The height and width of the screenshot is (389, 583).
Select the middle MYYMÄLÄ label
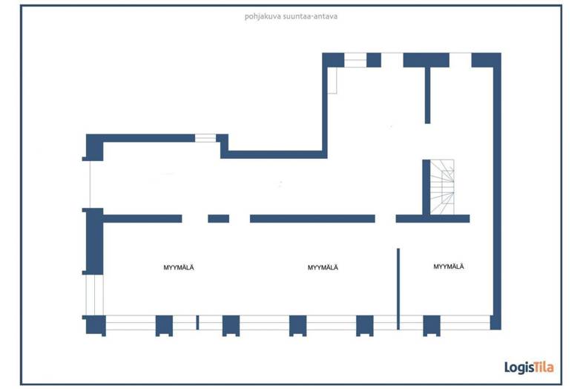(x=323, y=267)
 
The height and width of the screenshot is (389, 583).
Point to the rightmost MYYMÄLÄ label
(x=449, y=267)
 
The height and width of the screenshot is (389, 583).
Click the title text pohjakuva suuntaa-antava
(x=291, y=15)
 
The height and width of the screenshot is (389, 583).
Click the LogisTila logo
(x=528, y=367)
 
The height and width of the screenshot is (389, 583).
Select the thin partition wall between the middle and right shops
(x=398, y=289)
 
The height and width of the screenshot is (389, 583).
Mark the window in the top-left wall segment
(x=205, y=137)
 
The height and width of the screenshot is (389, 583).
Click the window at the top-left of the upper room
(x=355, y=59)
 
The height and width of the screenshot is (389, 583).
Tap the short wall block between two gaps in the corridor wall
(x=218, y=218)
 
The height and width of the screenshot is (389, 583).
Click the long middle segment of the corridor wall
(x=312, y=218)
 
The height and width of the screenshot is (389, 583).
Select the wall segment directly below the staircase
(x=432, y=218)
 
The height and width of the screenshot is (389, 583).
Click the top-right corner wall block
(x=487, y=59)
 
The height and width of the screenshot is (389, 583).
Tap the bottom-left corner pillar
(x=96, y=324)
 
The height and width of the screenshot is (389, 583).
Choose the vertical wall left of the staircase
(x=426, y=186)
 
